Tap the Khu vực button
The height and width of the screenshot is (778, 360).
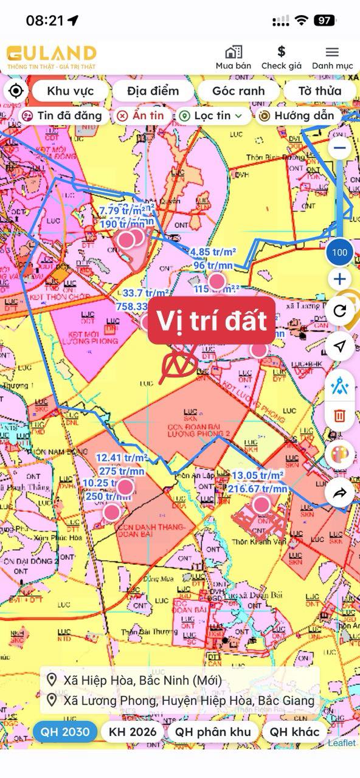[x=71, y=91]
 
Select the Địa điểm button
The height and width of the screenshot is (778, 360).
[x=153, y=91]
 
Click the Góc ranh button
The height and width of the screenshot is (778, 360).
[x=238, y=91]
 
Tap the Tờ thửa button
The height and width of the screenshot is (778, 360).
[x=319, y=91]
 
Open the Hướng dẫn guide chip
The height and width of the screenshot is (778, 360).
[x=297, y=115]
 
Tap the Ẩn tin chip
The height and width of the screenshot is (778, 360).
[x=140, y=115]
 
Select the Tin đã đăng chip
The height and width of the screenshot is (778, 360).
[x=61, y=115]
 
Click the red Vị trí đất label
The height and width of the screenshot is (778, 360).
[x=212, y=320]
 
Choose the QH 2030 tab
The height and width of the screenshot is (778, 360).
[x=65, y=732]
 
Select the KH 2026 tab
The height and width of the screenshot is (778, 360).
[x=133, y=732]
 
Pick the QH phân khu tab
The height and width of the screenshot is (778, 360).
[x=213, y=732]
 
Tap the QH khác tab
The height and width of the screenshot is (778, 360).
[x=295, y=732]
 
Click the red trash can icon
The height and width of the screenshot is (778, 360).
[x=340, y=416]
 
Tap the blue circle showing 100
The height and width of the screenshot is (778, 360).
[x=340, y=252]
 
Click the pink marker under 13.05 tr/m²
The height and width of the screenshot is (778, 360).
[x=261, y=504]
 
